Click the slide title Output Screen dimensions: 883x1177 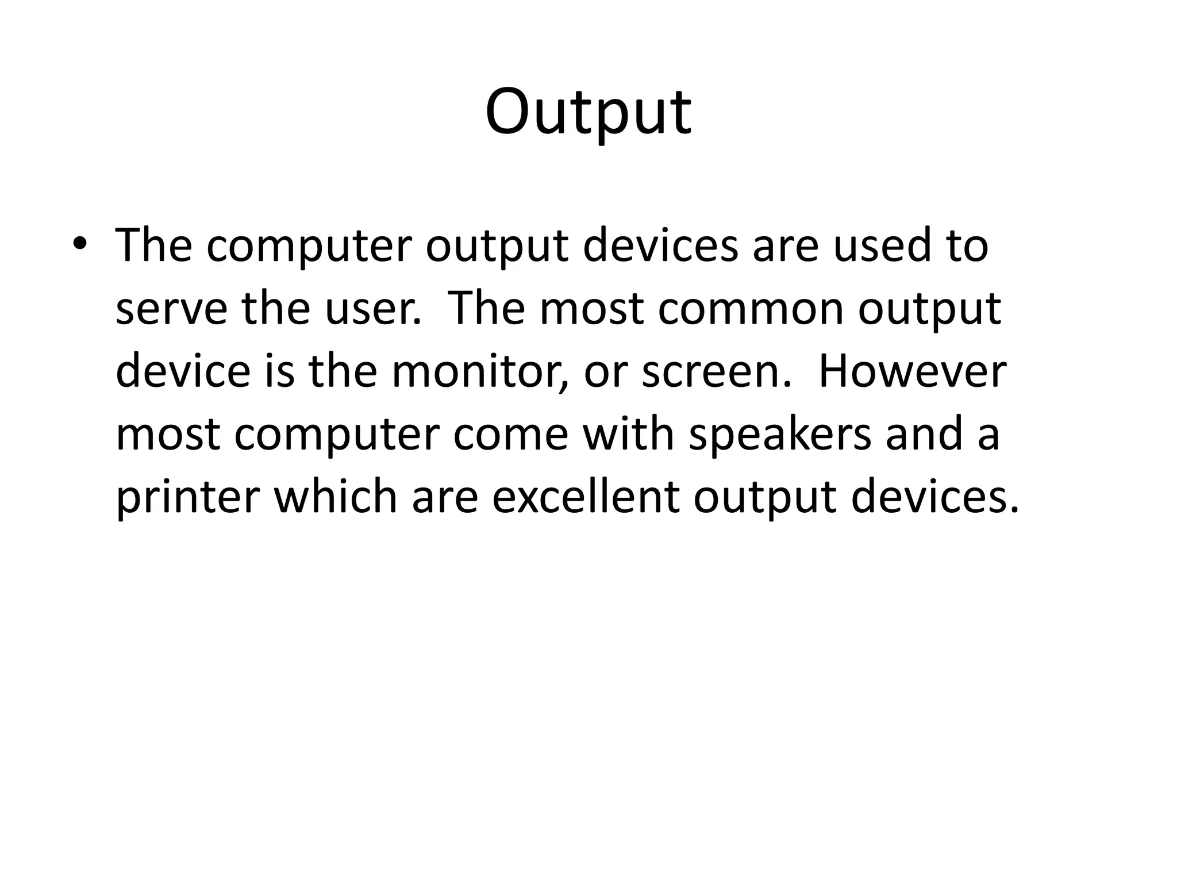click(x=588, y=112)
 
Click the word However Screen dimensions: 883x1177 click(x=911, y=371)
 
